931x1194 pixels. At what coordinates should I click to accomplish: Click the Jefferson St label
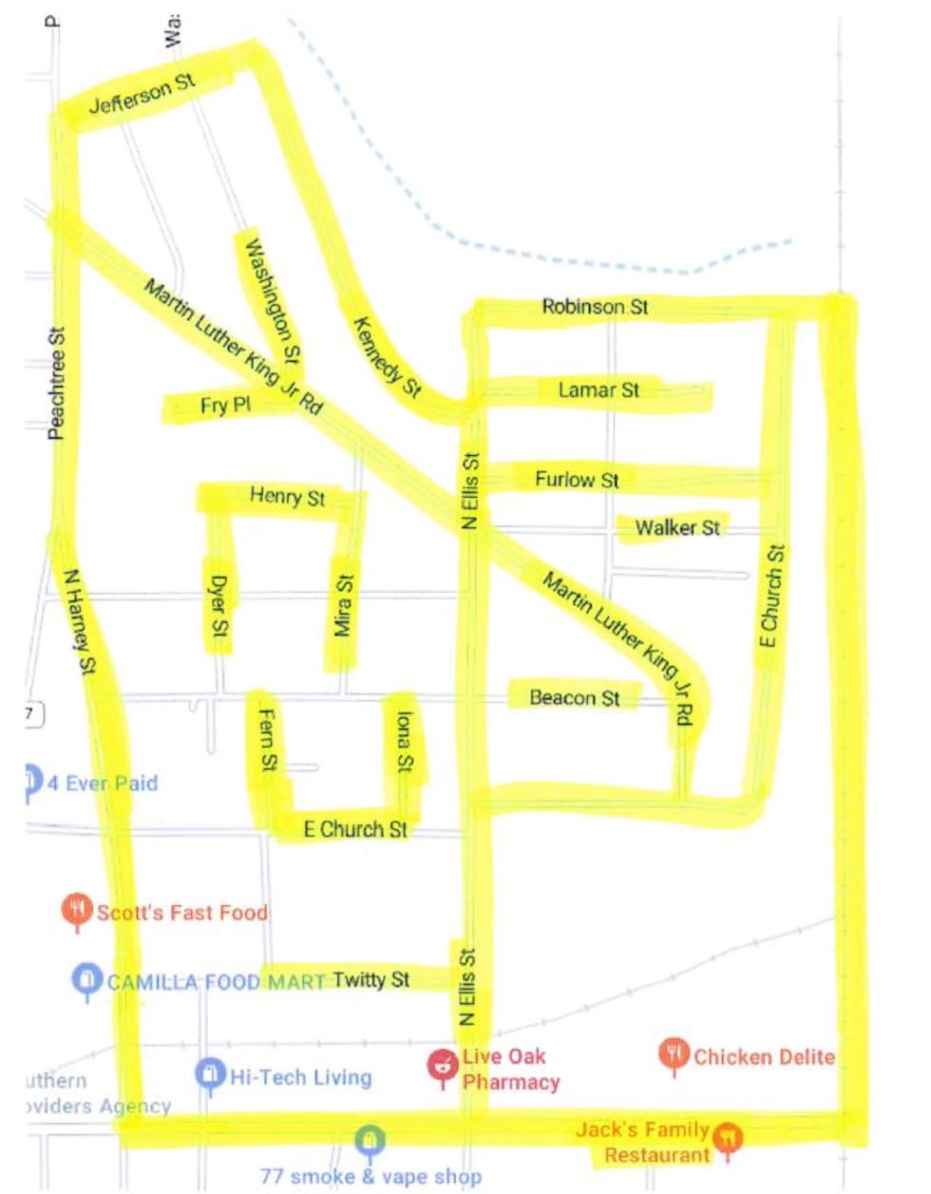(142, 93)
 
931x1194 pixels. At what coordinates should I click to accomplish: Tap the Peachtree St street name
(57, 384)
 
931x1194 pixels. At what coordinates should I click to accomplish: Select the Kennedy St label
(387, 356)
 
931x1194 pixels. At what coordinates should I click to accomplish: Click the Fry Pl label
(225, 406)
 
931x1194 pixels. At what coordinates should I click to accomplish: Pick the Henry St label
(287, 497)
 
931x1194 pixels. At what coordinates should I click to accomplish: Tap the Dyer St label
(218, 605)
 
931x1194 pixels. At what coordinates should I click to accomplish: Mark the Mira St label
(343, 605)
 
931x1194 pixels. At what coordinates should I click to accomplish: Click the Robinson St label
(595, 307)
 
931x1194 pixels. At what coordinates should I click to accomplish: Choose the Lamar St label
(598, 390)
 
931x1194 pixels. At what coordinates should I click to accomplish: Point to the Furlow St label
(577, 480)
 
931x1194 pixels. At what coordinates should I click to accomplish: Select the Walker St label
(677, 527)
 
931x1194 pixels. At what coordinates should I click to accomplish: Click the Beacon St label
(574, 698)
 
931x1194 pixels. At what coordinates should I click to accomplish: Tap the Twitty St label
(370, 979)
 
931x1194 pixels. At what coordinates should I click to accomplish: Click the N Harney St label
(80, 621)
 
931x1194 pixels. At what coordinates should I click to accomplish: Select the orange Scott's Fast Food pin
(77, 909)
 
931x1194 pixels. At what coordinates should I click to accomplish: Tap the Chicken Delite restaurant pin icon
(674, 1053)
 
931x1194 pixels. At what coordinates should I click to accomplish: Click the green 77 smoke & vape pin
(370, 1140)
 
